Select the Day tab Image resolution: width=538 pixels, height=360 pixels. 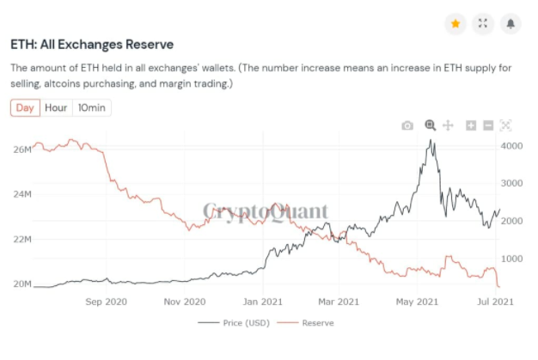coord(25,108)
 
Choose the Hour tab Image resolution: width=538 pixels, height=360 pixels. coord(56,108)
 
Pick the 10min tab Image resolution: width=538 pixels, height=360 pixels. coord(91,108)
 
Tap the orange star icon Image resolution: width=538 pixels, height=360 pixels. coord(455,23)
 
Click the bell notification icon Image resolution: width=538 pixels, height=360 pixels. coord(510,23)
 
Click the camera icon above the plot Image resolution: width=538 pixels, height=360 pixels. coord(407,125)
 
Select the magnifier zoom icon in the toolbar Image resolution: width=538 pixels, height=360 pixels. coord(431,125)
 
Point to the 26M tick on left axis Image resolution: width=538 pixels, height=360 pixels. coord(22,150)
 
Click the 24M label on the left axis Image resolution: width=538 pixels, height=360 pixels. coord(22,194)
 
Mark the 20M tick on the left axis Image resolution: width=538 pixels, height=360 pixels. coord(22,284)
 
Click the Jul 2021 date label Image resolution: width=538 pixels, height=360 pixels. coord(497,302)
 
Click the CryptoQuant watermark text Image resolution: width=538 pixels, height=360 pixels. coord(265,211)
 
